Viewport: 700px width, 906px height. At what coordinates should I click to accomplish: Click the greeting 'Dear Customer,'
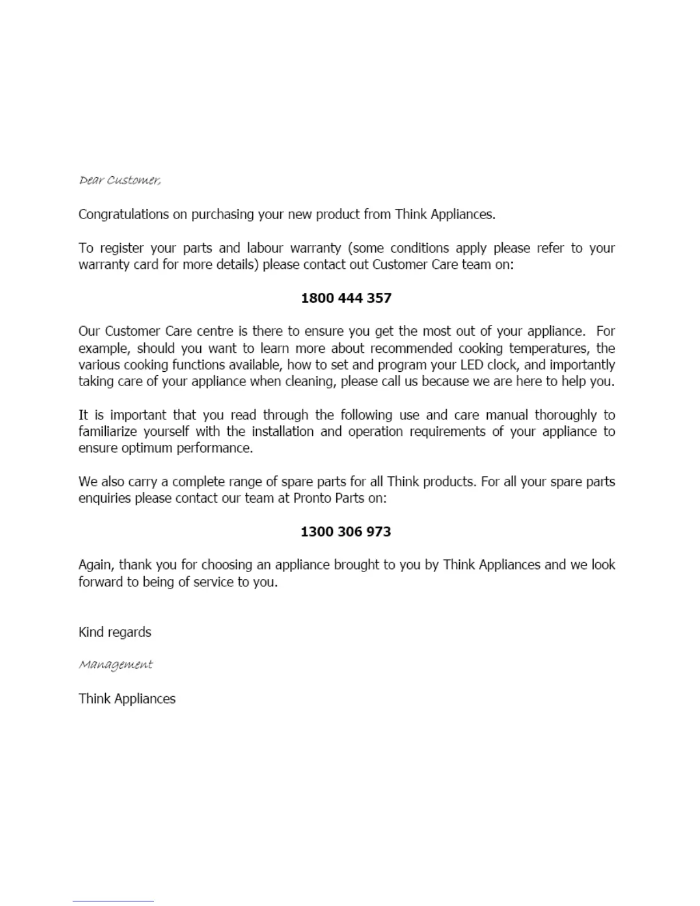[x=120, y=180]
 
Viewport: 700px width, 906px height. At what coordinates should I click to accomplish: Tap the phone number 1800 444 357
[x=346, y=298]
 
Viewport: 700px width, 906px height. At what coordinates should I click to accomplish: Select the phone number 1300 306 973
[x=346, y=531]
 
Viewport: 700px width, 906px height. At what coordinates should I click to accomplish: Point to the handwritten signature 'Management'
[x=116, y=665]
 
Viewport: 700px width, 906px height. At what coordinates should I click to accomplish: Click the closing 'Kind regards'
[x=114, y=632]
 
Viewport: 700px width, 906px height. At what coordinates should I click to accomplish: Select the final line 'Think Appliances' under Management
[x=127, y=698]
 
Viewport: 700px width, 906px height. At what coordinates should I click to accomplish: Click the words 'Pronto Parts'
[x=328, y=498]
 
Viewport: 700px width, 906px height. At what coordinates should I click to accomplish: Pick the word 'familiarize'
[x=108, y=431]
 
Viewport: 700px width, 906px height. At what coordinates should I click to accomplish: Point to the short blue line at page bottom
[x=113, y=901]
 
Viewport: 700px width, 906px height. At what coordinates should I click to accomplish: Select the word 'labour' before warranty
[x=265, y=248]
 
